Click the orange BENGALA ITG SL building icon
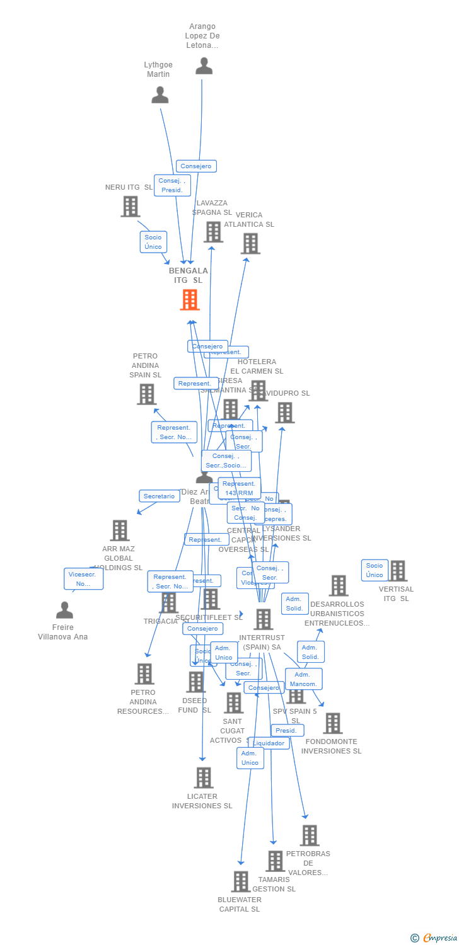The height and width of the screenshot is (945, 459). pos(190,300)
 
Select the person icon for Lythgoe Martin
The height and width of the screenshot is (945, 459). pos(160,95)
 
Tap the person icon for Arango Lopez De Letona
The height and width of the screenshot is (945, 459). pos(204,66)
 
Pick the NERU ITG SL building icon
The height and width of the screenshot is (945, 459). pos(130,207)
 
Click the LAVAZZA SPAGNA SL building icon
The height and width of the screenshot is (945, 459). pos(213,232)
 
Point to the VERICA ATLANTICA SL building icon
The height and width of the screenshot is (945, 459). pos(250,243)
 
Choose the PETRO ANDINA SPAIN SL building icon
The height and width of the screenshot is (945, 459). pos(146,394)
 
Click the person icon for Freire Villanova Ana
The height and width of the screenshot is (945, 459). pos(64,610)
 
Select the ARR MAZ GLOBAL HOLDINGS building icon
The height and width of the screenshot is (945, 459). pos(119,530)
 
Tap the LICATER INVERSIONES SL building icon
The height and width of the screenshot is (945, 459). pos(203,778)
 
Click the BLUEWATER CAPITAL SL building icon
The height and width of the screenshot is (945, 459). pos(240,882)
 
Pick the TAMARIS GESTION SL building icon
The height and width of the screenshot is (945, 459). pos(275,861)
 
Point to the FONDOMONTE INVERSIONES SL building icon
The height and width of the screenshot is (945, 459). pos(332,723)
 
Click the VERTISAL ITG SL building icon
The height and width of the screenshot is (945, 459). pos(397,571)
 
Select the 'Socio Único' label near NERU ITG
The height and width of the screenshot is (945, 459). pos(153,242)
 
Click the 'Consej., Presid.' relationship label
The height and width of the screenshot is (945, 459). pos(171,185)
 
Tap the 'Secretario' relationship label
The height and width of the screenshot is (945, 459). pos(159,496)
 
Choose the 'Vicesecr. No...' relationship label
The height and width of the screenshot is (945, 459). pos(83,579)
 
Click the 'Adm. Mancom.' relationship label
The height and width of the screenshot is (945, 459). pos(303,679)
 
